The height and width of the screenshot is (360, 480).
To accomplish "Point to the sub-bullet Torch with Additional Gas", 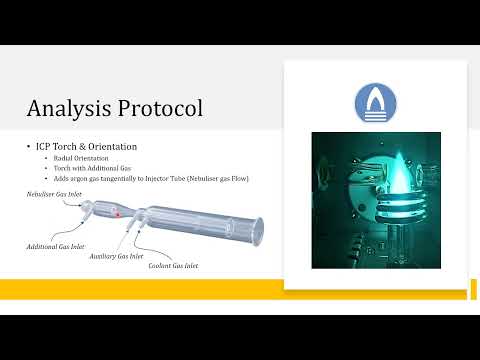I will point(84,168).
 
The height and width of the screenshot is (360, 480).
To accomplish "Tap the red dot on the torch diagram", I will point(118,213).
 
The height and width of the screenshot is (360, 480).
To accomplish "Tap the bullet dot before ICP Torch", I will point(28,147).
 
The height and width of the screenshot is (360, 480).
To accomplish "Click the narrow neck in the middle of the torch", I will point(139,216).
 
